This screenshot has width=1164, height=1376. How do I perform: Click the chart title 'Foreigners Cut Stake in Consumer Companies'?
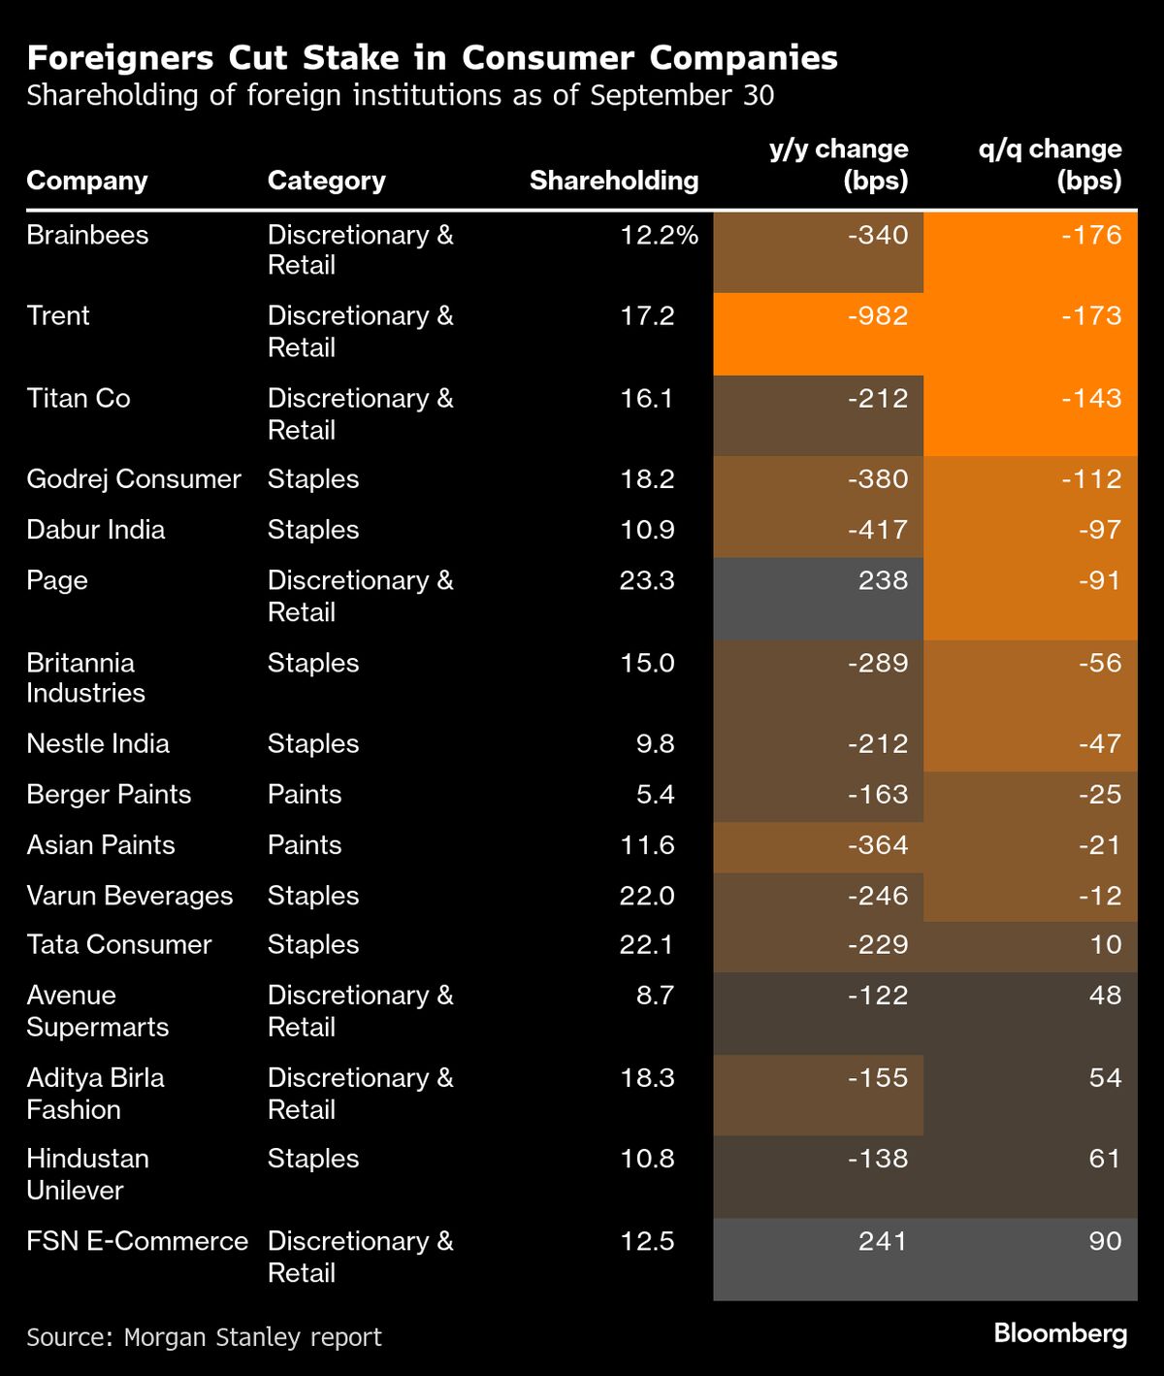(432, 58)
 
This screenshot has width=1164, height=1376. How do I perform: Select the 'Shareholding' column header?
(613, 180)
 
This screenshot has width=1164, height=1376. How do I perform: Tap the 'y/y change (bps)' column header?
(838, 165)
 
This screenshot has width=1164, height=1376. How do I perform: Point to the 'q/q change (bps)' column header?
(1050, 165)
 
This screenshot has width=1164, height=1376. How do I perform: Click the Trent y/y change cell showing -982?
(877, 316)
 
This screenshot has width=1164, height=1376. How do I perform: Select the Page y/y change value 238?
(883, 581)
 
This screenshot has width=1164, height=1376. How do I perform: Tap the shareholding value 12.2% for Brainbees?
(659, 236)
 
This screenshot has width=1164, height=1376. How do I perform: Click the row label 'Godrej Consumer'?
(134, 479)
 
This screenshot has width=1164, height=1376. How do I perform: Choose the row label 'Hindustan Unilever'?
(87, 1174)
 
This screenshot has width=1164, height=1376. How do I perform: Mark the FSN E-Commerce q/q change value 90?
(1104, 1242)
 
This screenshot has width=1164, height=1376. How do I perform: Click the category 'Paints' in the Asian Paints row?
(305, 845)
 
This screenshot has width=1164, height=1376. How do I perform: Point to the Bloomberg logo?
(1060, 1333)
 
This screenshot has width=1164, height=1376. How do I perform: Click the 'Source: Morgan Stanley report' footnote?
(204, 1337)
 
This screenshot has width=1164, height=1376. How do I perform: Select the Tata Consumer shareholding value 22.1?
(646, 945)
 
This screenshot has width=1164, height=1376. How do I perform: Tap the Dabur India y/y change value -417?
(877, 531)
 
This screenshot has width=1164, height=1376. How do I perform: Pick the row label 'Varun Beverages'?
(129, 896)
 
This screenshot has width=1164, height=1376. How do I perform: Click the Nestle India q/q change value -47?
(1099, 744)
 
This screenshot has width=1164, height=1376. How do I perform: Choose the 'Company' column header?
(87, 180)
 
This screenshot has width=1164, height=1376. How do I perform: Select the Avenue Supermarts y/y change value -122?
(877, 996)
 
